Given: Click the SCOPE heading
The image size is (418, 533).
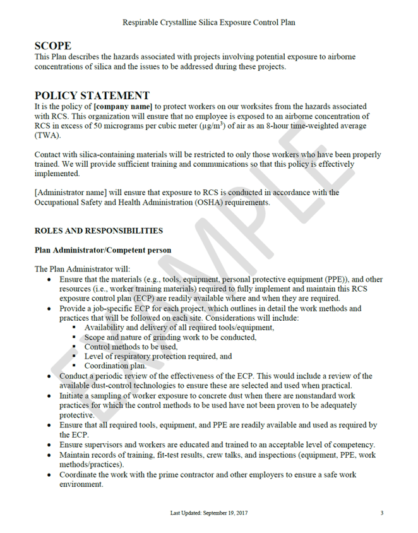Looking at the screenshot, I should click(53, 45).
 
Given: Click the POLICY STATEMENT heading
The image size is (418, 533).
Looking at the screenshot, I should click(92, 95).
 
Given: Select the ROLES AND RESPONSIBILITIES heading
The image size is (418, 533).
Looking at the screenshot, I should click(99, 231).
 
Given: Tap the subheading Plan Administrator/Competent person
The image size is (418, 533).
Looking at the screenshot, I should click(102, 250).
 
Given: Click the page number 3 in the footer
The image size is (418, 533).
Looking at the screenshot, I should click(381, 513).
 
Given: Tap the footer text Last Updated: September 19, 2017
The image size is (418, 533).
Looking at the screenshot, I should click(209, 513).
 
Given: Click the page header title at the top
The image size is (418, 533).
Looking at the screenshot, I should click(209, 22).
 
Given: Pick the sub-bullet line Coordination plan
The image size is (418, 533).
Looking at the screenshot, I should click(116, 366).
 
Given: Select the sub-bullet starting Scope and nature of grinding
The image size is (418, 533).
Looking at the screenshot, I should click(170, 337).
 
